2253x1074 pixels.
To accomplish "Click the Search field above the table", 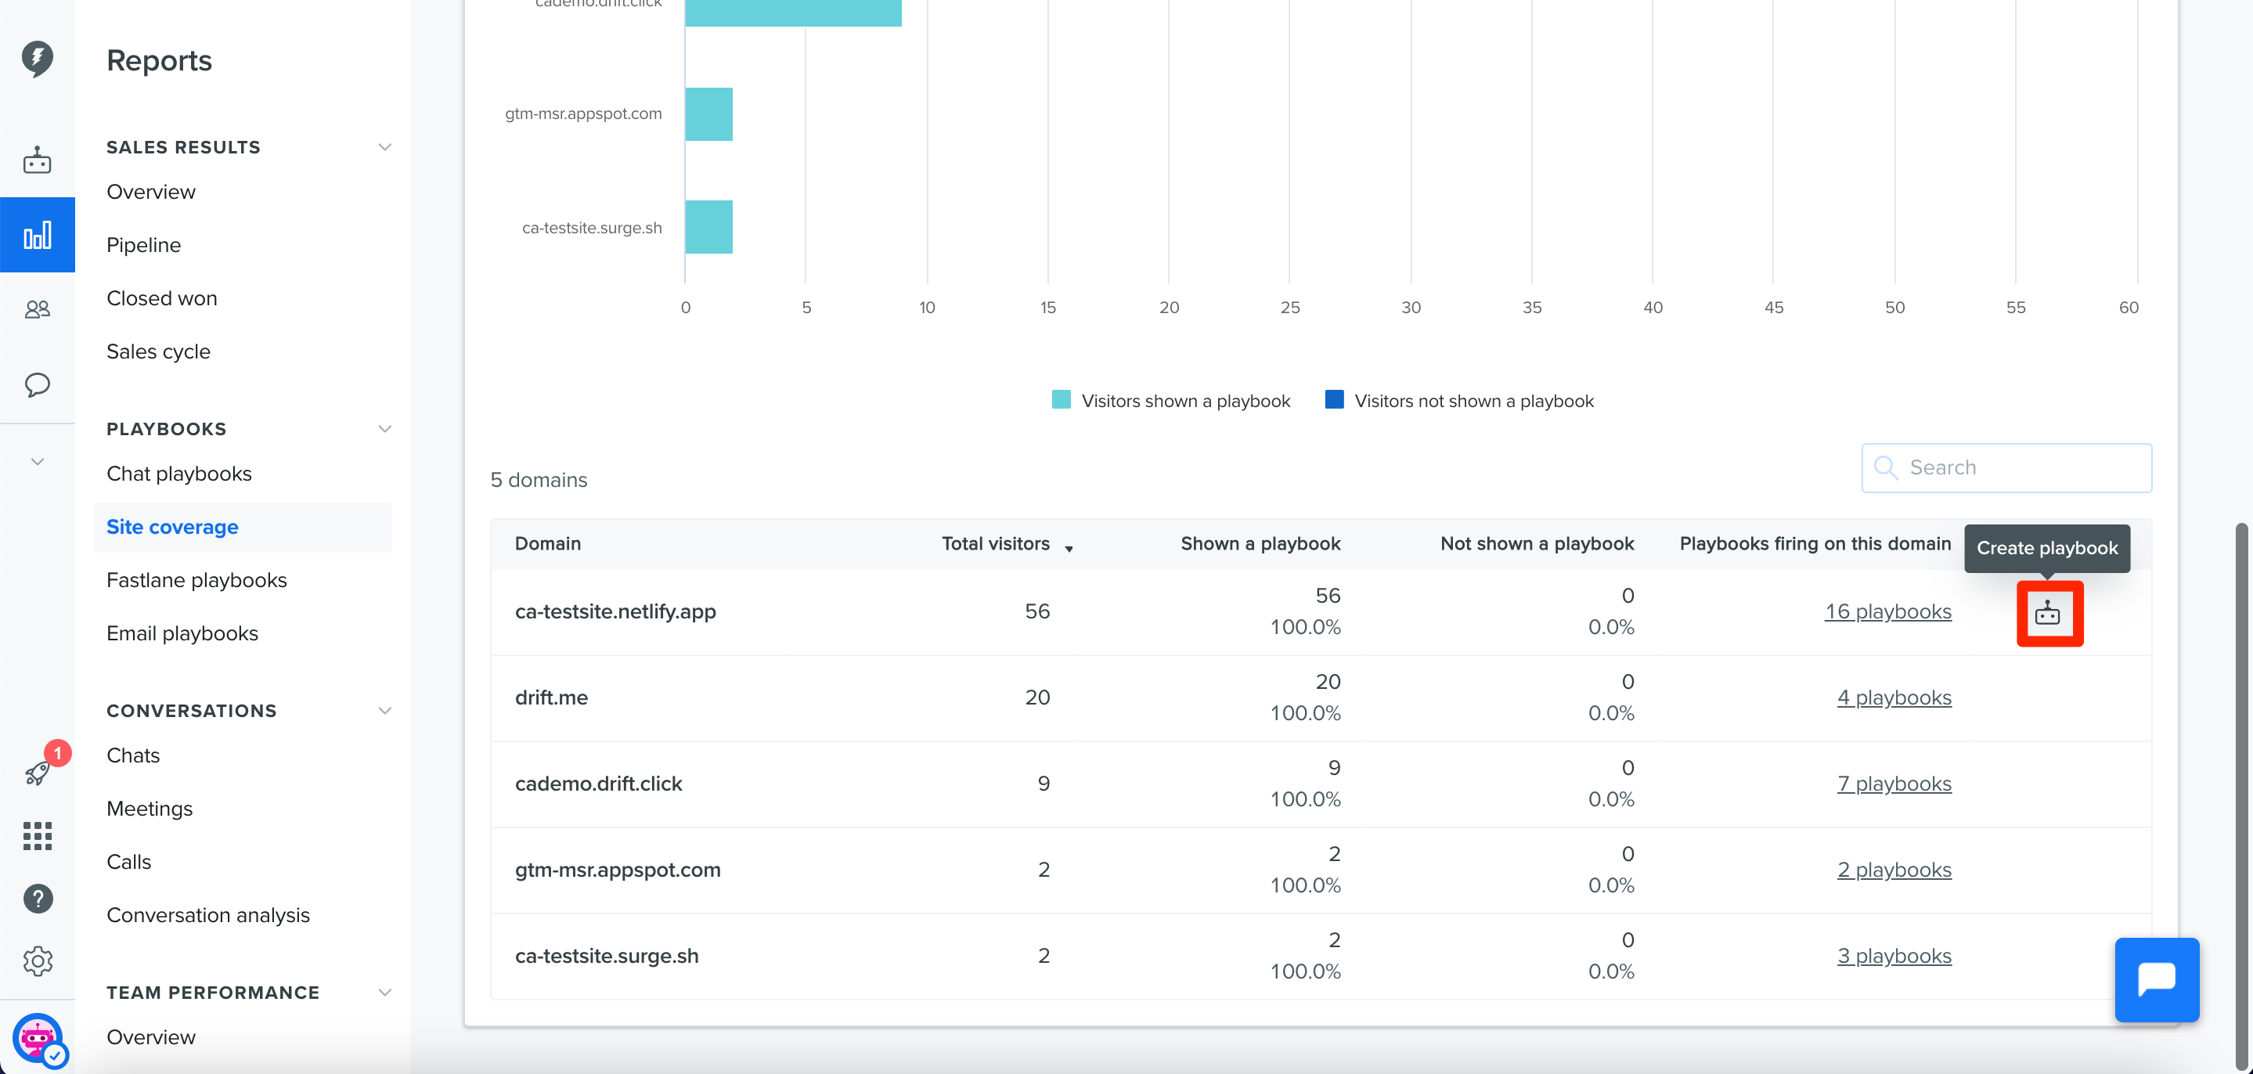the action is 2006,468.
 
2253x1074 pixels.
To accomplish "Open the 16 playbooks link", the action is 1887,611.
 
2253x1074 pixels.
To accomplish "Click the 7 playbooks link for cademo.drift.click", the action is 1894,784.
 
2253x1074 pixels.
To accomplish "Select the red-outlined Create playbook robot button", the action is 2049,614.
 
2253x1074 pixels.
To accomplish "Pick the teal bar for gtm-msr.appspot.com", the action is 708,114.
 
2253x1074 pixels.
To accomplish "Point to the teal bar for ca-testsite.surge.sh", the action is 708,227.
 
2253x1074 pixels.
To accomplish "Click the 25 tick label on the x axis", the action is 1290,308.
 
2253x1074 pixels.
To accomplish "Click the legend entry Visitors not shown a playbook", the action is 1459,401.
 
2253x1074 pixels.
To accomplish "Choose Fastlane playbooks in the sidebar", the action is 196,580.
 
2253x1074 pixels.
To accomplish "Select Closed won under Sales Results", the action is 162,298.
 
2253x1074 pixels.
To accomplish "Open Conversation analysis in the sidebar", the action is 208,915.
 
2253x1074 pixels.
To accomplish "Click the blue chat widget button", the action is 2157,979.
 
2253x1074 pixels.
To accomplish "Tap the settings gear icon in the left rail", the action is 38,961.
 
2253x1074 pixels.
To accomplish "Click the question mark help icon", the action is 38,898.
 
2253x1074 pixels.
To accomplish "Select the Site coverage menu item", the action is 172,527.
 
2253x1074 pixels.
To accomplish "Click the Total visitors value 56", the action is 1037,611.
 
